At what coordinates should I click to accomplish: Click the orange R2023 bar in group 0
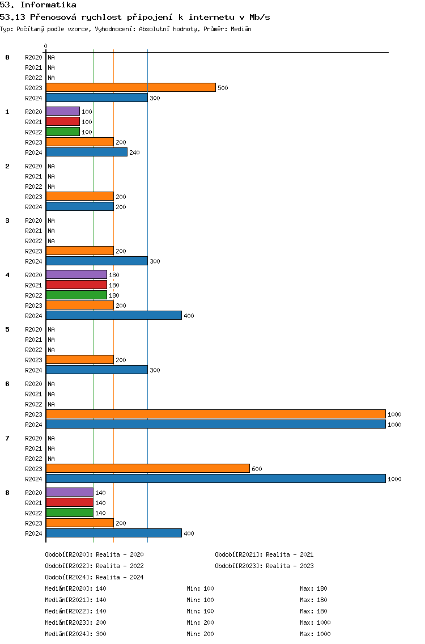130,87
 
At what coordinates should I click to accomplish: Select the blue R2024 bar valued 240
87,152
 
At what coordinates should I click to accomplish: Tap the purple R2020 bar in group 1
63,111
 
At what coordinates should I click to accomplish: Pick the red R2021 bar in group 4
76,285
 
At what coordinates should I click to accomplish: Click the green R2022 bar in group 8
69,512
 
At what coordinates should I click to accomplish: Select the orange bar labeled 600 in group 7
148,469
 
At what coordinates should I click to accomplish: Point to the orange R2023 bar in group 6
215,414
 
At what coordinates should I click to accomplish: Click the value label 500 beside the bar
223,88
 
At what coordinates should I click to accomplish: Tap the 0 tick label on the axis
45,46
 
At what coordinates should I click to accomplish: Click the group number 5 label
7,329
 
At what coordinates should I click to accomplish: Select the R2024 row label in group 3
33,261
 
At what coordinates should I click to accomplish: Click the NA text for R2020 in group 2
52,166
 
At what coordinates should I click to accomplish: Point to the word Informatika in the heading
49,5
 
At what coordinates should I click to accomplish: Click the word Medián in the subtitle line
241,29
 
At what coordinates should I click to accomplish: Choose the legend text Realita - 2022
120,566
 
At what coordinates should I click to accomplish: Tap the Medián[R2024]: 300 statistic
75,634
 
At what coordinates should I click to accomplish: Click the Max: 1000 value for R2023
316,622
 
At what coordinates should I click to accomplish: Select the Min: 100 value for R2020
201,588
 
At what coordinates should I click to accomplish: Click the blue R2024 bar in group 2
80,206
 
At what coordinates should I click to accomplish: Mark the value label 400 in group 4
189,316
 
